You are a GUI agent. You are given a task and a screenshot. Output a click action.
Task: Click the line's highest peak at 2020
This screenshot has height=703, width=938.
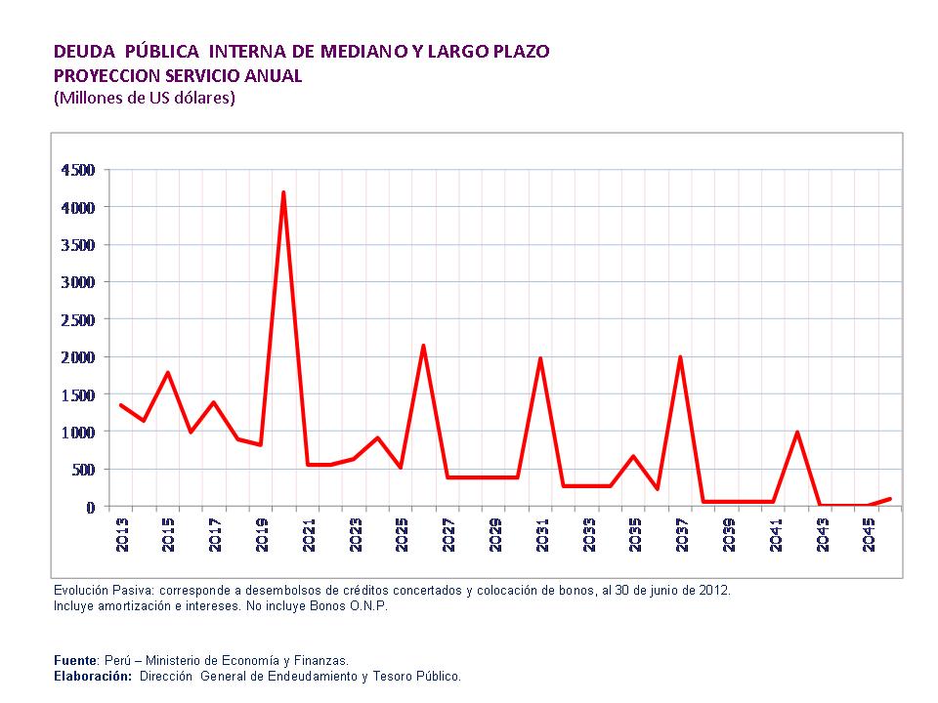283,192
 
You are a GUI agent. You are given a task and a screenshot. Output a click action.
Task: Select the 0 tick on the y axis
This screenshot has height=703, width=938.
90,507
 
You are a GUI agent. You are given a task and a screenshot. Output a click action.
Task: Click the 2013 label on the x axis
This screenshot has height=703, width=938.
122,535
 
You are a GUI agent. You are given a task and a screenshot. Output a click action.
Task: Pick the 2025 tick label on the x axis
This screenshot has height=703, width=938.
402,535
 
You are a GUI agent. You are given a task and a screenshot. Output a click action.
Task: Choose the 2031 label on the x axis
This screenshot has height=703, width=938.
541,535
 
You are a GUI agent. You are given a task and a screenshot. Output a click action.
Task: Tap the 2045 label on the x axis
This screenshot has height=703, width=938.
869,535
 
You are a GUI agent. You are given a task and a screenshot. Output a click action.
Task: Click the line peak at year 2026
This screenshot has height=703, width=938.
423,346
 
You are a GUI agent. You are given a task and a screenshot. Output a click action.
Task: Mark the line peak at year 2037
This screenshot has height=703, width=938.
680,357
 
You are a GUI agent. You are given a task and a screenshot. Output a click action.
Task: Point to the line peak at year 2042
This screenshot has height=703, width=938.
797,432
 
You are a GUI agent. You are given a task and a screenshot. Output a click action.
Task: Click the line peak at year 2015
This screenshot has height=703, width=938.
168,373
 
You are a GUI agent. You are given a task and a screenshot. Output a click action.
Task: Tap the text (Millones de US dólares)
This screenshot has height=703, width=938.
144,98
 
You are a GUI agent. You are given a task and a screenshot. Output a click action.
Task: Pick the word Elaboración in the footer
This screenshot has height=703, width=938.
92,676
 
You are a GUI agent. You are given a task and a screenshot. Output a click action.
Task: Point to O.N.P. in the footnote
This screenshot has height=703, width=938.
366,605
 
